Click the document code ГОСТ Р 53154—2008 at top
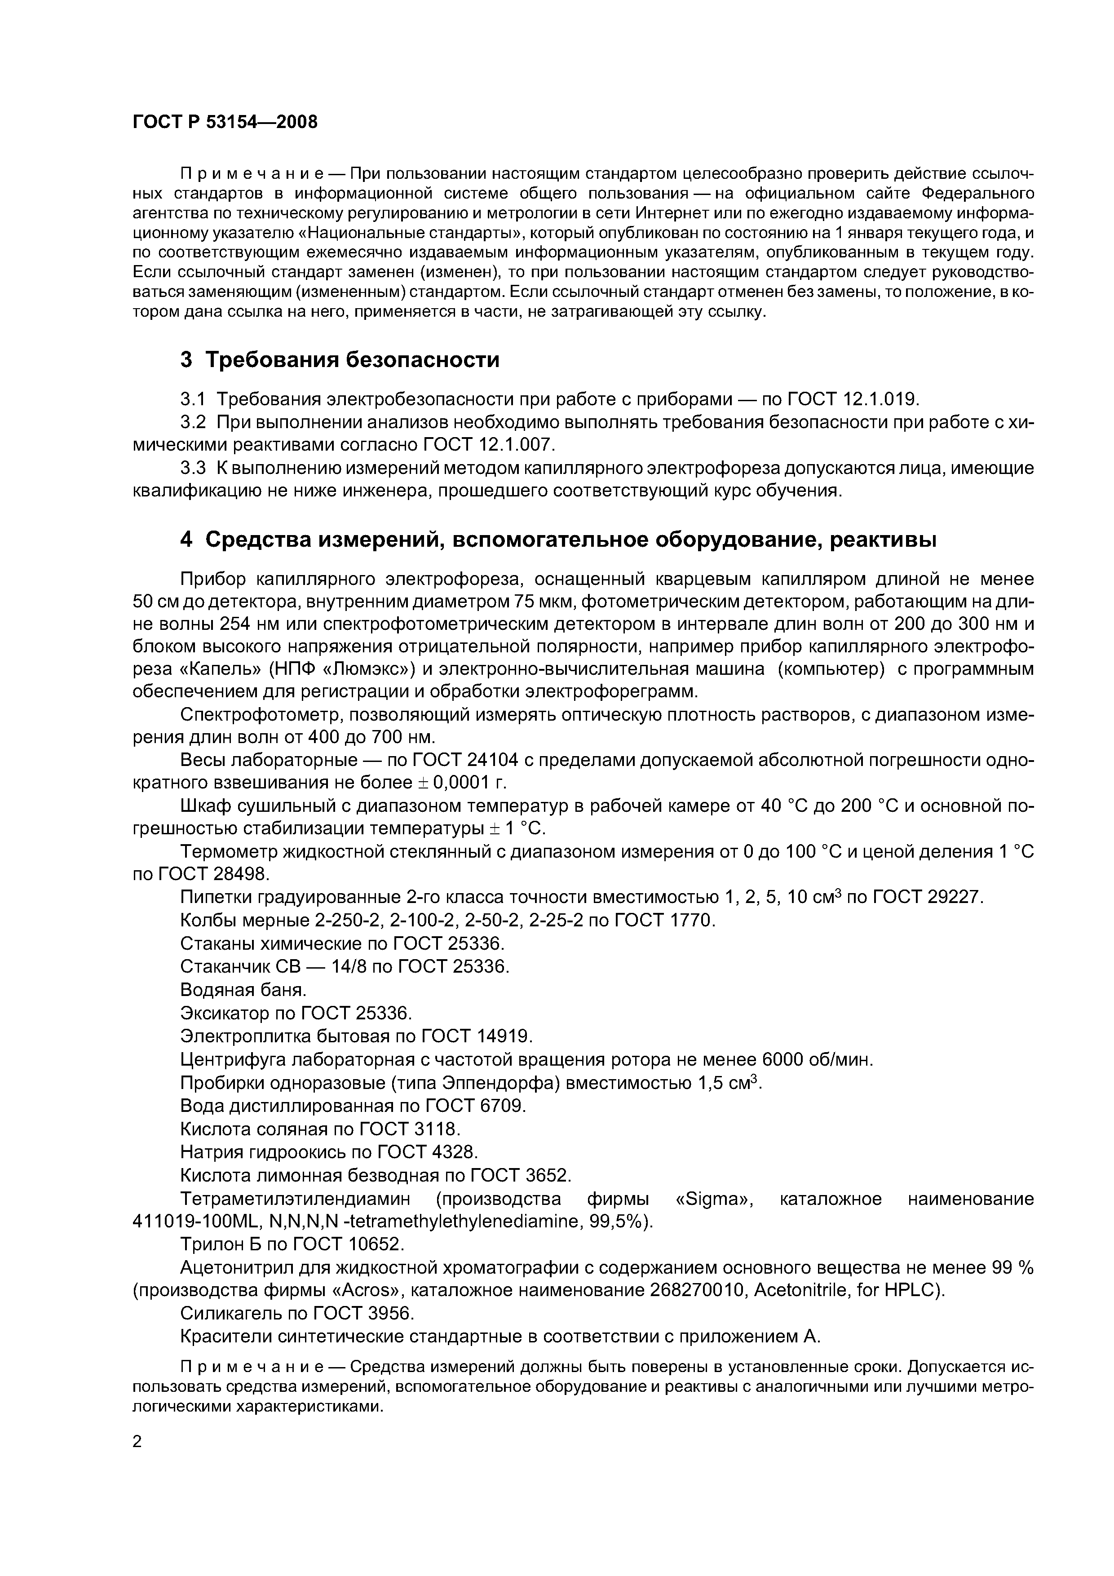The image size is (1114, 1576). tap(225, 122)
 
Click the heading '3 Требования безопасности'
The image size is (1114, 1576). tap(339, 360)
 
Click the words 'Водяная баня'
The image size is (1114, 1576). tap(242, 990)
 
